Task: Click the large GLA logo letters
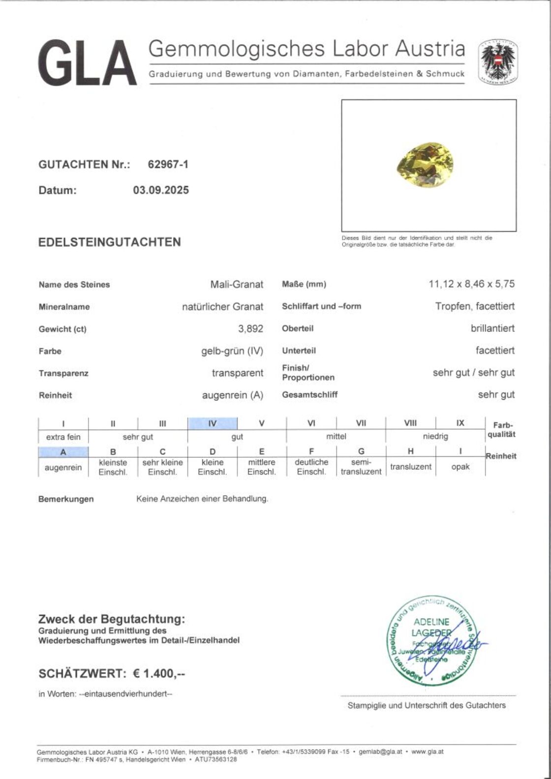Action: click(x=87, y=63)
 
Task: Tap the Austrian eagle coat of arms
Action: click(x=498, y=61)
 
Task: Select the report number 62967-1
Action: click(x=168, y=165)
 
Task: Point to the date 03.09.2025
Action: click(x=161, y=190)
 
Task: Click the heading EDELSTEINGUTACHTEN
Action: click(x=110, y=242)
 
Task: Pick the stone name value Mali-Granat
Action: click(x=237, y=284)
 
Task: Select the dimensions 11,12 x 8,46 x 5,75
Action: click(x=471, y=284)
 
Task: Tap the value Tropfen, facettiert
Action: click(x=475, y=306)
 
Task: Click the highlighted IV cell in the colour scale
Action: click(x=213, y=423)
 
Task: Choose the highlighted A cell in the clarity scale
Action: click(x=63, y=452)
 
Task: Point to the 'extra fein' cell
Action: click(x=63, y=437)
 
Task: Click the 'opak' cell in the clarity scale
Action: click(x=460, y=467)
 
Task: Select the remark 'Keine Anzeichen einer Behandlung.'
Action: click(x=202, y=499)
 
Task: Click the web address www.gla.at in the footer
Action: click(x=428, y=751)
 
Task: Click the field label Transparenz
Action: click(x=63, y=373)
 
